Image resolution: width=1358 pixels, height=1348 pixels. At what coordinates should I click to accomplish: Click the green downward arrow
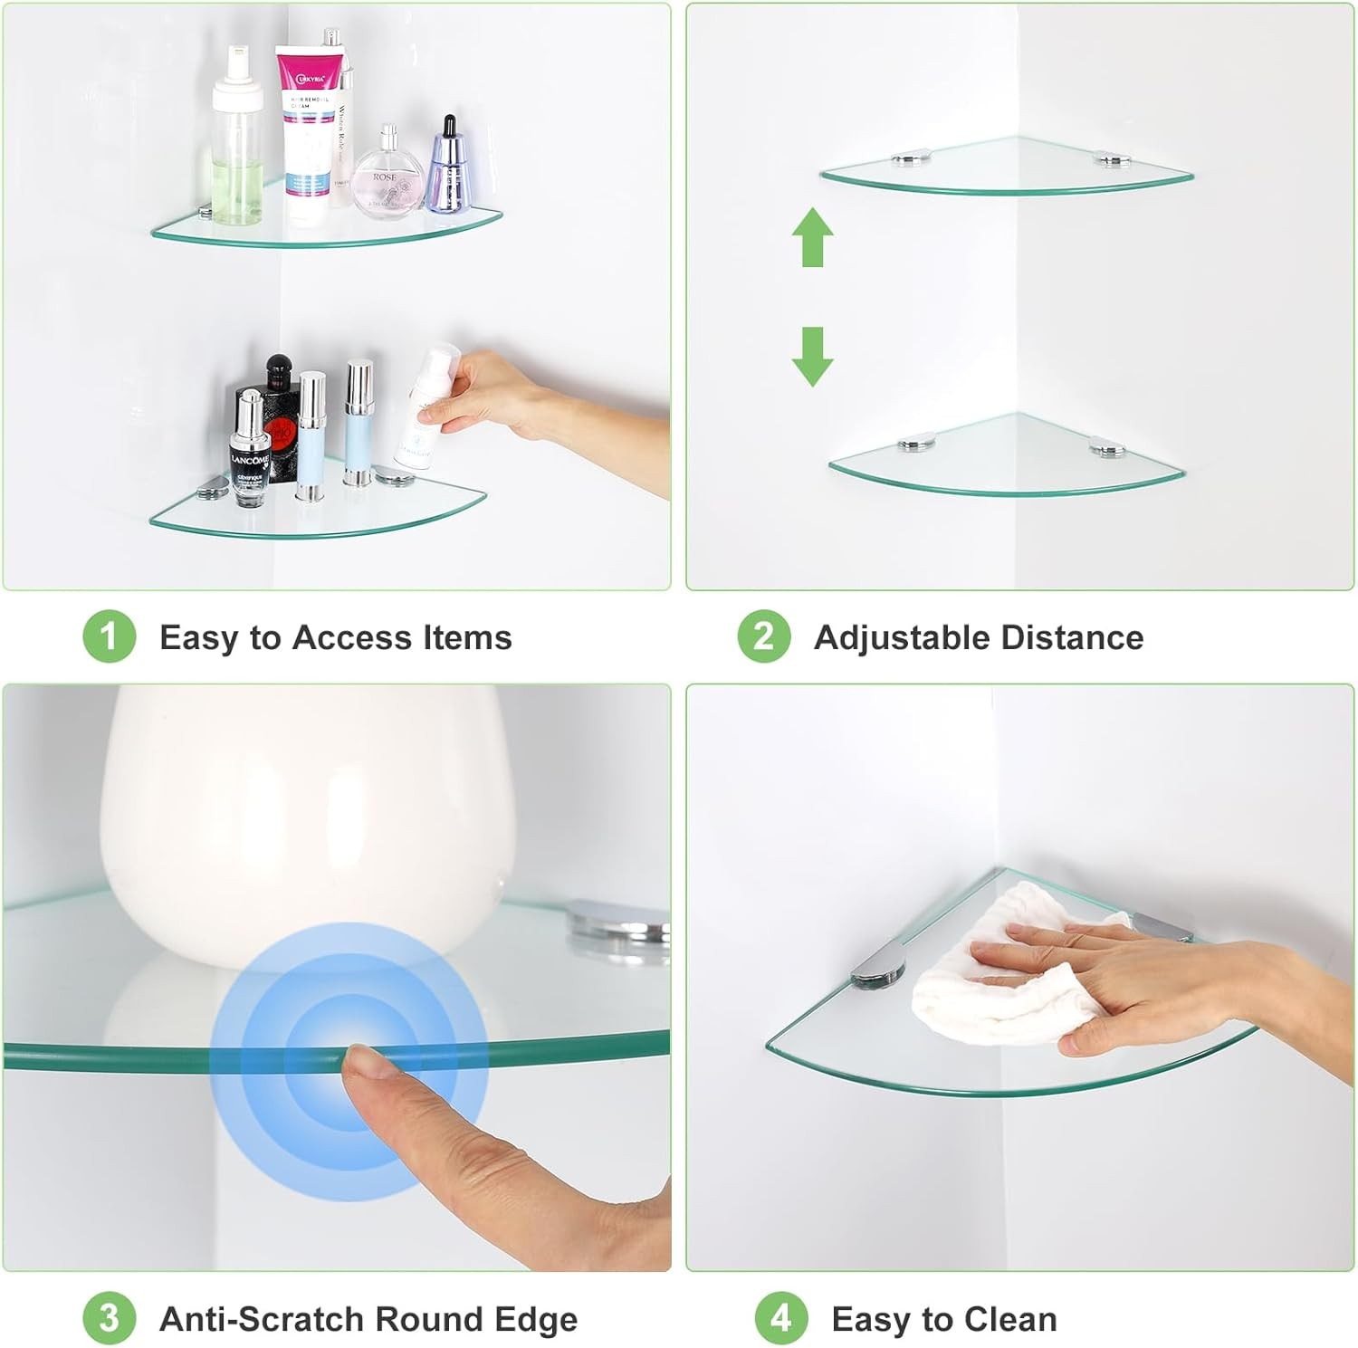(x=812, y=356)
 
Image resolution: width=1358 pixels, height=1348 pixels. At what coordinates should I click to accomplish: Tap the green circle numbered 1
(x=109, y=636)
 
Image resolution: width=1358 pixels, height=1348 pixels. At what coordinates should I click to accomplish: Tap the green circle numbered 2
(x=763, y=636)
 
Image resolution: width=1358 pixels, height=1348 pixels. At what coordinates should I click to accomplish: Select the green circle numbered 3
(x=109, y=1318)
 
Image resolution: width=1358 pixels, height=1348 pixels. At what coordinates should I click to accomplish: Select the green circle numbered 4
(x=780, y=1318)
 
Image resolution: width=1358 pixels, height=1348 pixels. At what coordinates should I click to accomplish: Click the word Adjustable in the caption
(x=902, y=638)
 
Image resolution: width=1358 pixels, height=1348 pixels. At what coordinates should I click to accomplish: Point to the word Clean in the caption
(x=1010, y=1319)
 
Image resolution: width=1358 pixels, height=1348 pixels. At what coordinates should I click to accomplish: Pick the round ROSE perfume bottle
(x=387, y=177)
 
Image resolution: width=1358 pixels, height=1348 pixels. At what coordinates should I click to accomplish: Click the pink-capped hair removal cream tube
(x=311, y=127)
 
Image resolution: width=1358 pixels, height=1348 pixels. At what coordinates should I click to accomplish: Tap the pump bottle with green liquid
(x=237, y=149)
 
